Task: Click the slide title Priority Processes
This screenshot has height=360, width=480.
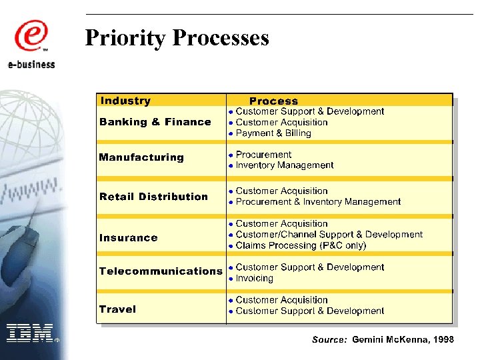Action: [177, 37]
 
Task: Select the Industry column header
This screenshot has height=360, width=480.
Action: [125, 101]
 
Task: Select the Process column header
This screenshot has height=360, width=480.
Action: [273, 101]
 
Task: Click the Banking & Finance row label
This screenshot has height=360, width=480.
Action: [155, 122]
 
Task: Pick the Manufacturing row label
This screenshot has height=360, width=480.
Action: [141, 157]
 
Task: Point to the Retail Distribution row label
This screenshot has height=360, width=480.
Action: [153, 197]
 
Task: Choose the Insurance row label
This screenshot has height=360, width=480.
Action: [128, 238]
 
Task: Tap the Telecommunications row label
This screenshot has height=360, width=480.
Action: [160, 271]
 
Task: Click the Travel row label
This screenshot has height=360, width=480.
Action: [117, 309]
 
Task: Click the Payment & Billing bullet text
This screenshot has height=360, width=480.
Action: [273, 133]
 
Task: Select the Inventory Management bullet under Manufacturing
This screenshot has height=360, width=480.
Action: [285, 165]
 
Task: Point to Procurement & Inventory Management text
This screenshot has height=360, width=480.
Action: [318, 202]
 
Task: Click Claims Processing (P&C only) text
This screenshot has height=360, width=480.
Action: [301, 245]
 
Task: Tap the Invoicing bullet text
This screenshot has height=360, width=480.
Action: [255, 279]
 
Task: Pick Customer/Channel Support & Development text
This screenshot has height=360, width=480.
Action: [329, 235]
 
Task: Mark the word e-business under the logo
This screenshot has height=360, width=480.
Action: [31, 64]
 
